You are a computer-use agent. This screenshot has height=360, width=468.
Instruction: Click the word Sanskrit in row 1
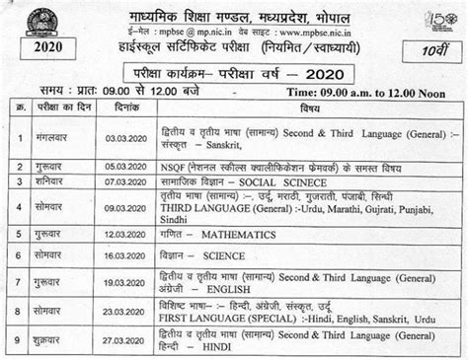[x=253, y=153]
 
